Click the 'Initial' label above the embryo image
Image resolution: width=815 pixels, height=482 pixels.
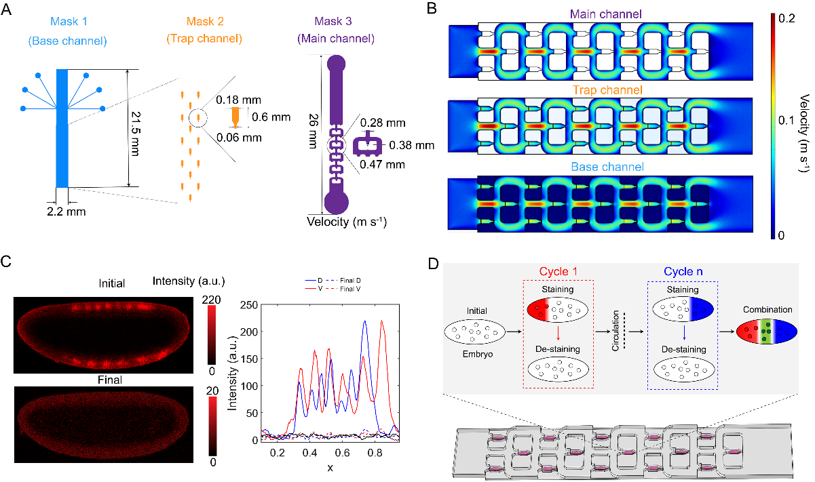point(111,284)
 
